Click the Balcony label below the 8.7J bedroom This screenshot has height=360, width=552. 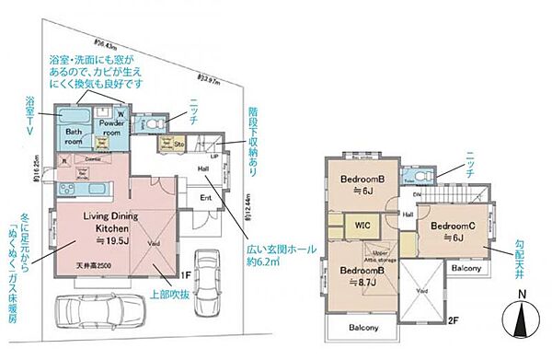[x=363, y=328]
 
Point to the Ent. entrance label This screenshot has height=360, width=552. [x=206, y=197]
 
